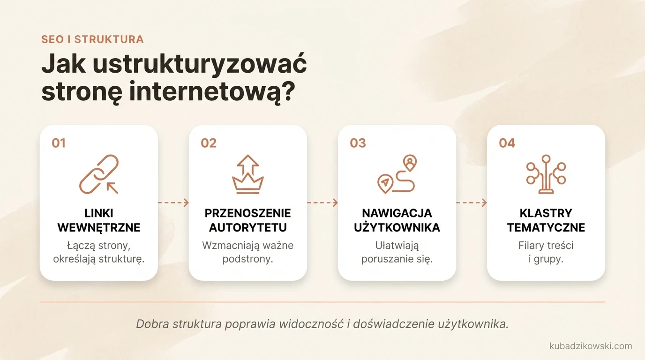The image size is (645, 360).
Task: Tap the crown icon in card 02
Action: (x=248, y=174)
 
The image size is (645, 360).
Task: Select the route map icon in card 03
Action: (x=397, y=174)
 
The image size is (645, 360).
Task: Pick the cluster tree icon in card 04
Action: (x=546, y=174)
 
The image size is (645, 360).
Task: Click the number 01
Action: (x=59, y=143)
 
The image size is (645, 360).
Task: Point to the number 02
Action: (x=209, y=143)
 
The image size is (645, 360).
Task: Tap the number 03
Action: (x=358, y=143)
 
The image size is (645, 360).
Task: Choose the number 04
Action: (x=507, y=143)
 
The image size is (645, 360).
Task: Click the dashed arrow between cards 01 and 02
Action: (x=173, y=202)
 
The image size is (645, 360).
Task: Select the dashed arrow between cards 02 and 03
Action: (x=322, y=202)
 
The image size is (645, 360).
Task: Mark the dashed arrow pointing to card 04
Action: (x=472, y=202)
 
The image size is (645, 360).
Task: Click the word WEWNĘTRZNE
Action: (x=99, y=228)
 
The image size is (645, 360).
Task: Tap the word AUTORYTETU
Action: (x=248, y=228)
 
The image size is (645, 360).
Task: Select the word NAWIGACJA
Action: (x=397, y=213)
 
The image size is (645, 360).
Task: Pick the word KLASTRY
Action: (x=546, y=213)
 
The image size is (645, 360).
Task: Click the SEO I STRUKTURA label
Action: (x=92, y=39)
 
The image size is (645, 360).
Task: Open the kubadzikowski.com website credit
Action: (x=591, y=346)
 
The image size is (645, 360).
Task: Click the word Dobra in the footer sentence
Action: (x=152, y=324)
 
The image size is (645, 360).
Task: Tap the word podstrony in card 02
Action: (x=248, y=259)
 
